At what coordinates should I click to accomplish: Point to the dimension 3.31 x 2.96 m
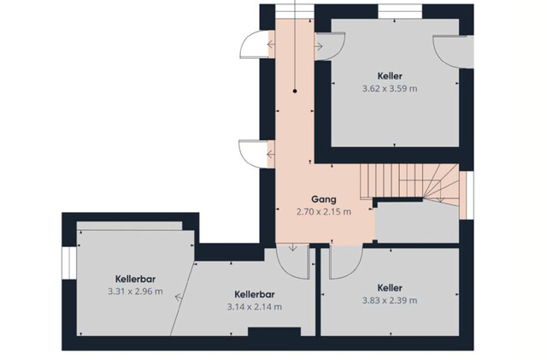135,292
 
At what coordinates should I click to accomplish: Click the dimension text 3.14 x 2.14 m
254,306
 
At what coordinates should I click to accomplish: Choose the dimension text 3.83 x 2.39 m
389,300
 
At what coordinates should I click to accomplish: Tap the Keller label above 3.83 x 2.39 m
389,287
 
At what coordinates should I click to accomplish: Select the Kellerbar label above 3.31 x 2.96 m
135,279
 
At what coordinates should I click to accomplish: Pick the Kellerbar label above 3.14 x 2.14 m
254,293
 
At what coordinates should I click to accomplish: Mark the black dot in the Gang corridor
294,90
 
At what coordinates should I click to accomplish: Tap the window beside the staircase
468,194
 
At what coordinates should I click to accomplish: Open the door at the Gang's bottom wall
292,259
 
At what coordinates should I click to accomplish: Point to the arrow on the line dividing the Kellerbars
177,298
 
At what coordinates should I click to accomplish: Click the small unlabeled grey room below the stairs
418,221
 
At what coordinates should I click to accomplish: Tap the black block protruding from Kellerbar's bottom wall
274,332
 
